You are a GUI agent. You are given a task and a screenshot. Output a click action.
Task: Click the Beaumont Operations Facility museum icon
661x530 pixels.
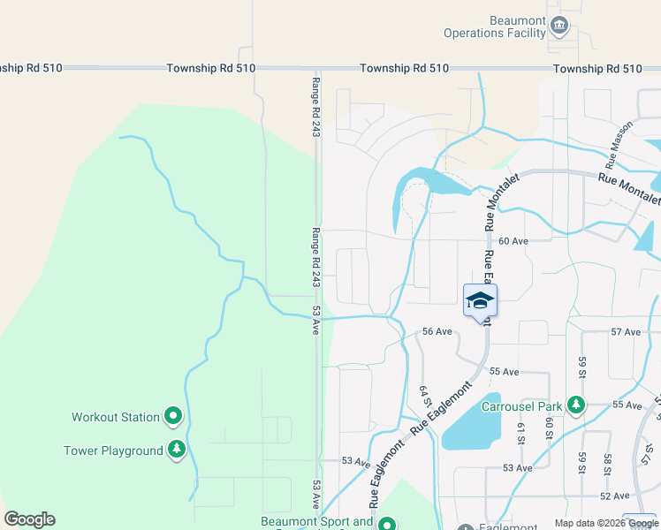click(558, 26)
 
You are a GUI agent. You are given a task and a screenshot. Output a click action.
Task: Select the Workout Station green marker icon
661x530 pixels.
click(173, 415)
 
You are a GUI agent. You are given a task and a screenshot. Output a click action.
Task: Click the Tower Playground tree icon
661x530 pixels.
click(177, 450)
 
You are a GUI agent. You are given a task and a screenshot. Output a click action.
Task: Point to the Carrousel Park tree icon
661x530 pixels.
click(576, 405)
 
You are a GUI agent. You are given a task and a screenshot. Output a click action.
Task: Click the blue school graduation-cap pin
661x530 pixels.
click(480, 301)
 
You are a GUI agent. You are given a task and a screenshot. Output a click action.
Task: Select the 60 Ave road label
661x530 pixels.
click(513, 241)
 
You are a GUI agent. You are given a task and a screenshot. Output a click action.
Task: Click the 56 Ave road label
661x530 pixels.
click(437, 331)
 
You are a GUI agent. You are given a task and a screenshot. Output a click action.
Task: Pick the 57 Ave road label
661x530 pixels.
click(626, 332)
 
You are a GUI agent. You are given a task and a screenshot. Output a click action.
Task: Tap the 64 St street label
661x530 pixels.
click(424, 397)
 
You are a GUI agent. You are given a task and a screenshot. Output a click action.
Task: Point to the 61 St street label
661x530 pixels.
click(520, 432)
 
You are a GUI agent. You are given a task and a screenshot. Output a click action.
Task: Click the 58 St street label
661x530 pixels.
click(608, 465)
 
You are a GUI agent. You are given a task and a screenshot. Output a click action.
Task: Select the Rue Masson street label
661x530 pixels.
click(619, 145)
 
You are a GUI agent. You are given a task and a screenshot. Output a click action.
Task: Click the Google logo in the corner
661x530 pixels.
click(29, 519)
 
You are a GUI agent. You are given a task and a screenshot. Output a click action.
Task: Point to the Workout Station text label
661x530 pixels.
click(116, 417)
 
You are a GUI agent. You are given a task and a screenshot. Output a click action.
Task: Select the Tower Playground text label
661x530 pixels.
click(113, 450)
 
